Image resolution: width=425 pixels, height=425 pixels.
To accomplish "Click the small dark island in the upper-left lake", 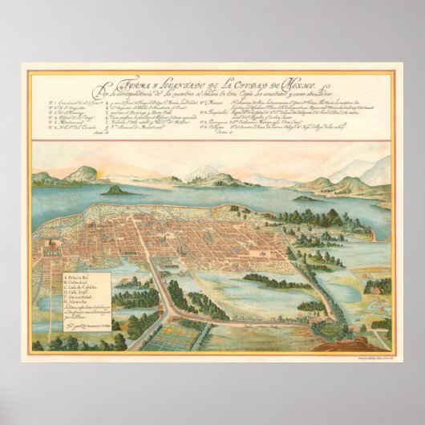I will pyautogui.click(x=115, y=191).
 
